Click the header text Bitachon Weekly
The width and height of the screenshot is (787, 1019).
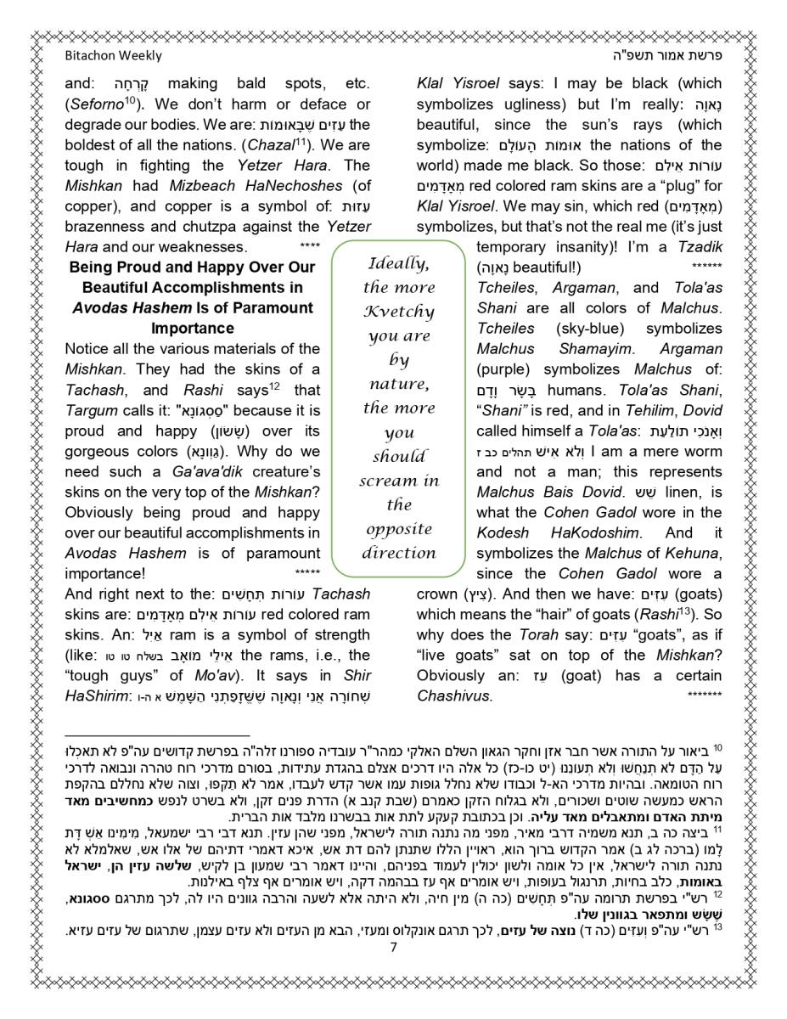coord(113,56)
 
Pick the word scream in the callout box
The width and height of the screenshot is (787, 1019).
coord(388,481)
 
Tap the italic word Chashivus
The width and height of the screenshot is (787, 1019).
coord(453,695)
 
